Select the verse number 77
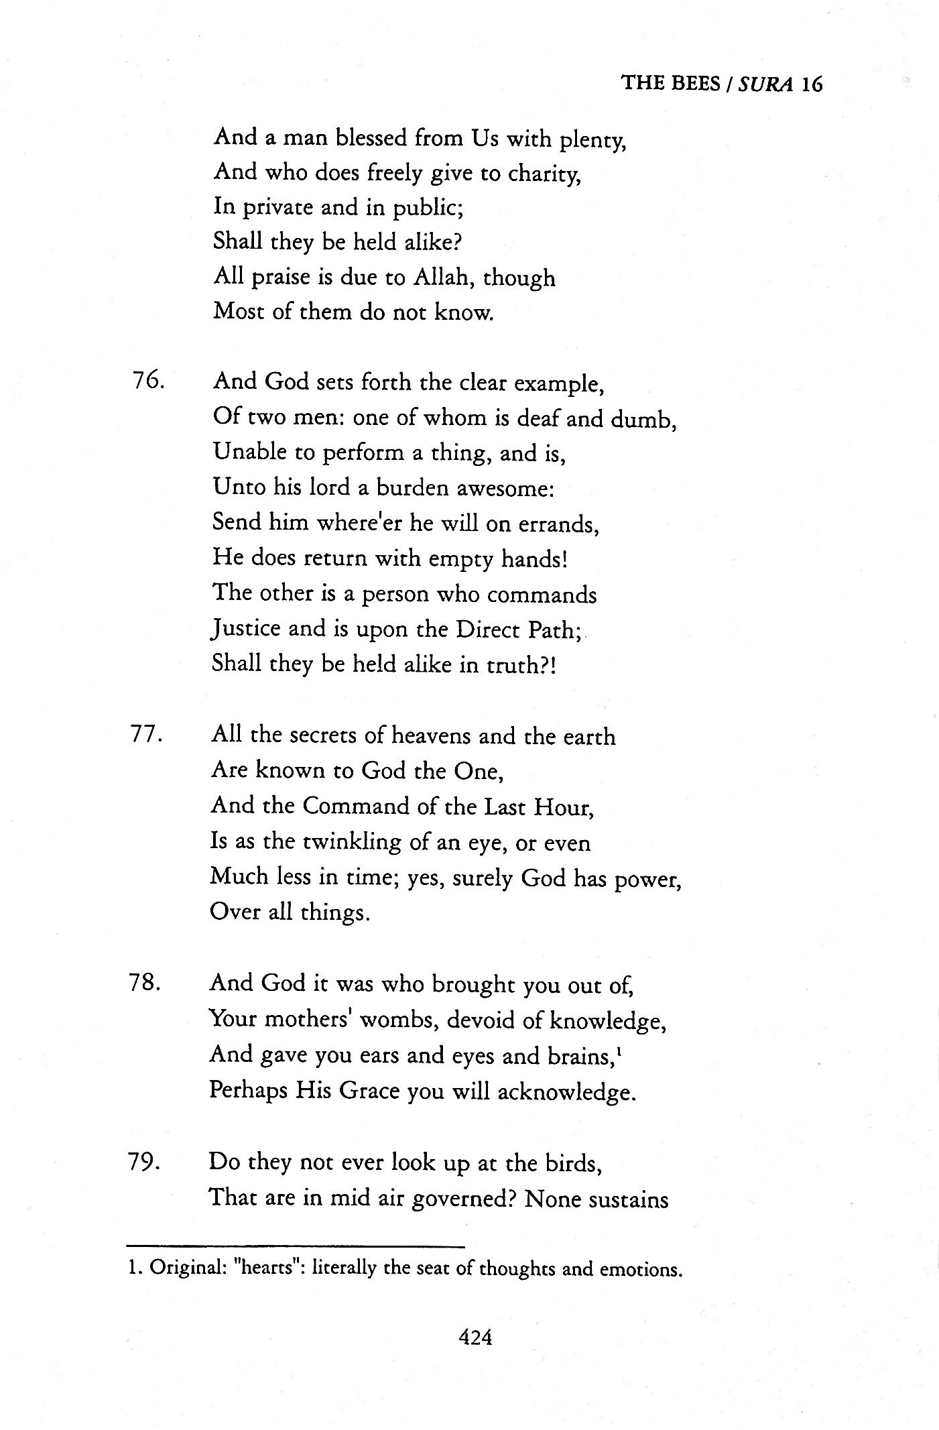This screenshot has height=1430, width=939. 147,735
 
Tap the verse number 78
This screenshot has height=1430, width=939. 145,983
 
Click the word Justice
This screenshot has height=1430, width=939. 246,629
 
